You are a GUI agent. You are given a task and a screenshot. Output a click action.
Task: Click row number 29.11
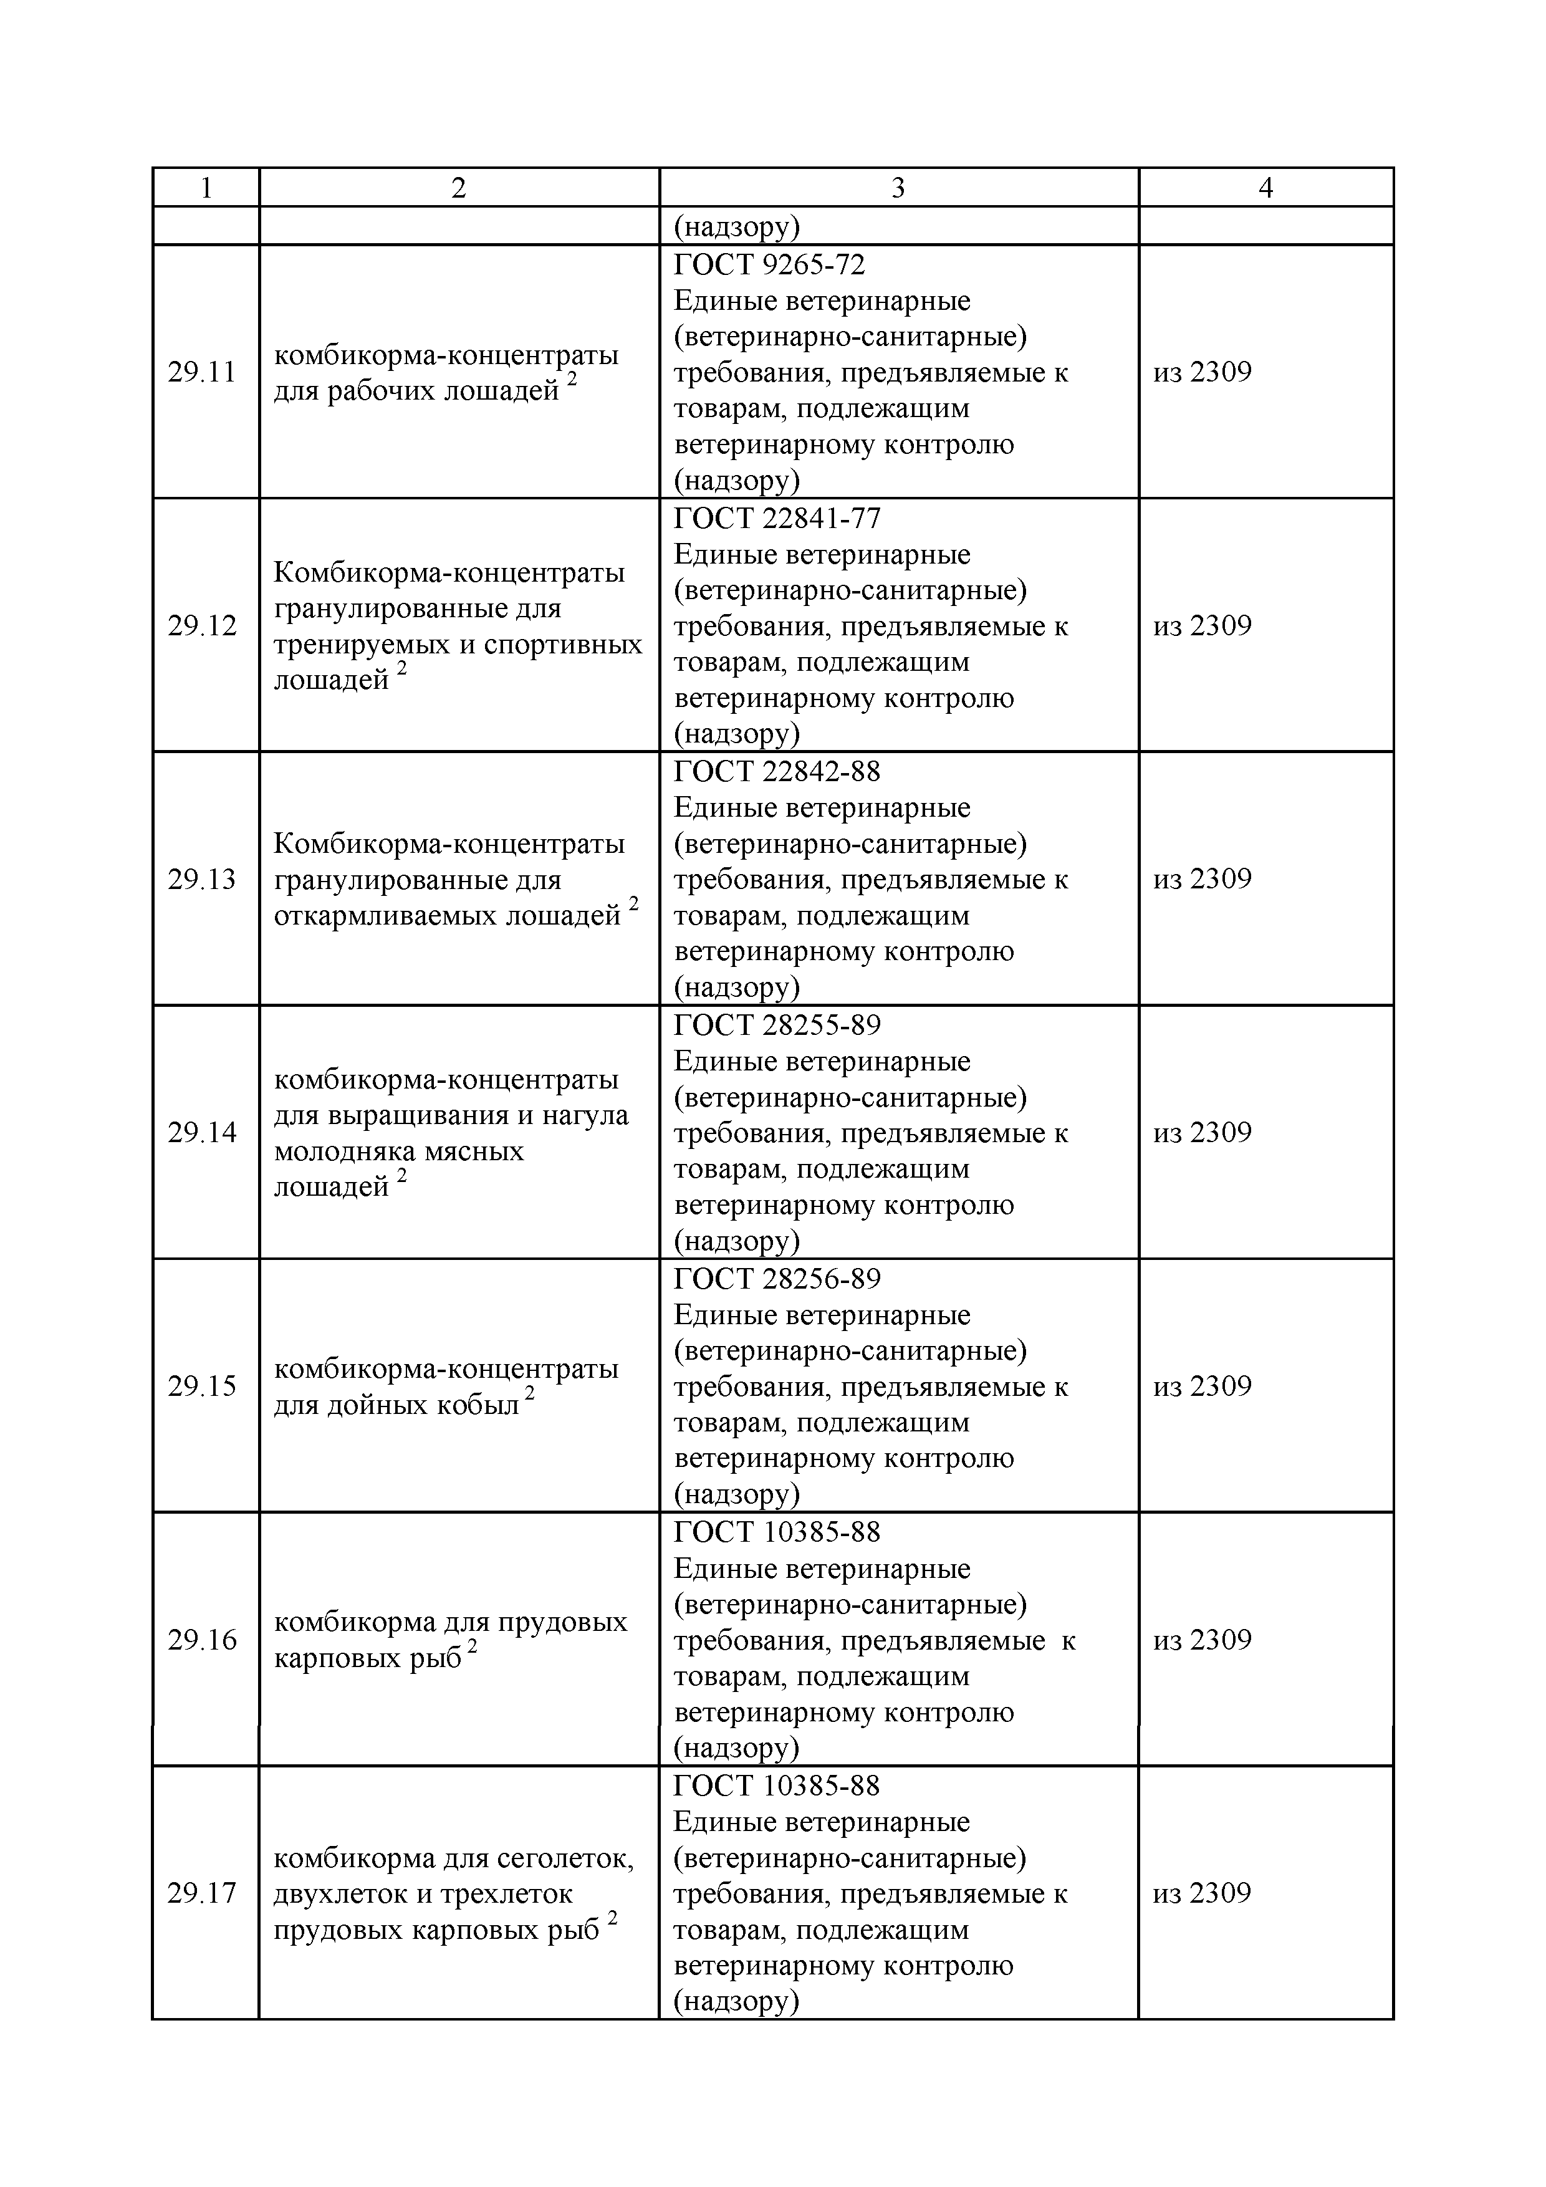point(202,372)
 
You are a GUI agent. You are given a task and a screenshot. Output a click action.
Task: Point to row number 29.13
point(202,879)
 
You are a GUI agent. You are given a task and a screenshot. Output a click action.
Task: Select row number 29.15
point(202,1386)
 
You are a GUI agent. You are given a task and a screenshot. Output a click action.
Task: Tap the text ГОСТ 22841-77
point(777,518)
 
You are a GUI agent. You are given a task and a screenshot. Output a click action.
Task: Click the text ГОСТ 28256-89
point(777,1278)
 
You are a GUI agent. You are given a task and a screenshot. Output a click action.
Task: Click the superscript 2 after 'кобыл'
point(530,1393)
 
